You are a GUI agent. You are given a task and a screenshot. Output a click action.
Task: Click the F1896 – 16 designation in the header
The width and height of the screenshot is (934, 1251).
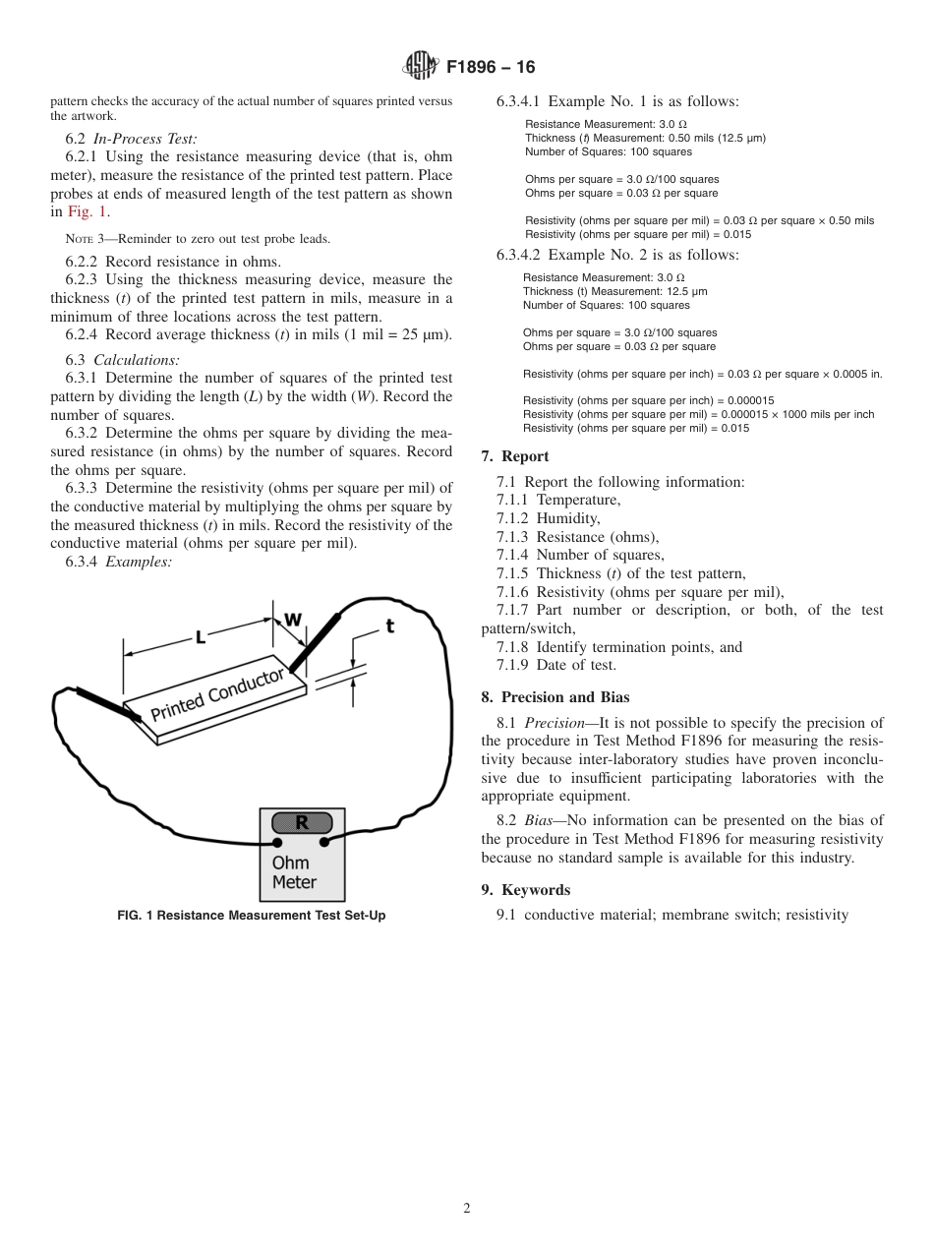(491, 68)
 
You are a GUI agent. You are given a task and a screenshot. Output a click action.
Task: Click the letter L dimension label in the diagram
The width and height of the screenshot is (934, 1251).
(200, 636)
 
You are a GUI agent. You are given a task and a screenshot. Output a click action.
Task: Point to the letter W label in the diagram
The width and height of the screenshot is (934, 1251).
(293, 619)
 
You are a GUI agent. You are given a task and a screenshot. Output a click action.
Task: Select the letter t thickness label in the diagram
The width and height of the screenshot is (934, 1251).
(390, 625)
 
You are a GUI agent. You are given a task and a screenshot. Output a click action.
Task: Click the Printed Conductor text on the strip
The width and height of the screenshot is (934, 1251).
(217, 693)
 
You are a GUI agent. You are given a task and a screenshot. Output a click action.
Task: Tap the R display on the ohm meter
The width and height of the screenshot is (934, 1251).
(302, 823)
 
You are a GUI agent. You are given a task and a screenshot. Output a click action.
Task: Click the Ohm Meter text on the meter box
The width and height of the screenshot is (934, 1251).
(293, 872)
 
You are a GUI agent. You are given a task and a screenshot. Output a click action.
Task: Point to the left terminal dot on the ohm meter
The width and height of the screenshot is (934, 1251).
(278, 843)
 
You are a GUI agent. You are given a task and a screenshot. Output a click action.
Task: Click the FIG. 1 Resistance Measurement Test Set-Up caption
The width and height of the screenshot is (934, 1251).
(252, 916)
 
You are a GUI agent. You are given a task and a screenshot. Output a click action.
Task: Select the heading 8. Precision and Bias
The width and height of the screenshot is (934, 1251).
(555, 697)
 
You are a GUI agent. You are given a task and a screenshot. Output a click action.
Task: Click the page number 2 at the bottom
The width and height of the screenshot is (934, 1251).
(467, 1209)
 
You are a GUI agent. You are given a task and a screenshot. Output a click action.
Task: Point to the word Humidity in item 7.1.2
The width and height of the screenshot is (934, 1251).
(567, 518)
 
